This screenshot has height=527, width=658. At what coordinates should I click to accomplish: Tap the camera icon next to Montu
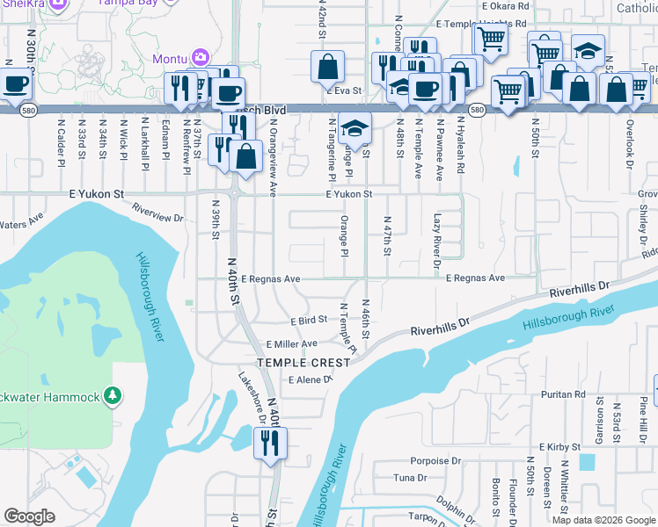[x=201, y=57]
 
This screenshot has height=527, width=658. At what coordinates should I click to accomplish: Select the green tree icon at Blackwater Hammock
[x=112, y=396]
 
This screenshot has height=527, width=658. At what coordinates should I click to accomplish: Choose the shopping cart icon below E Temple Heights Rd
[x=490, y=38]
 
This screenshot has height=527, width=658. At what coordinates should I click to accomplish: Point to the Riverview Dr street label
[x=159, y=212]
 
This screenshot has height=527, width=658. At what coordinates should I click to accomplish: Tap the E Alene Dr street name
[x=311, y=380]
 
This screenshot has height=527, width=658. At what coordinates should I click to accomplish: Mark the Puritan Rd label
[x=564, y=395]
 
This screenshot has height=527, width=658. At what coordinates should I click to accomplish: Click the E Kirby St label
[x=559, y=447]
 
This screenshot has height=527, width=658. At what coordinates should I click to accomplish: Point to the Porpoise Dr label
[x=435, y=460]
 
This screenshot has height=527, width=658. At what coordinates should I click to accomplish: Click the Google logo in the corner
[x=29, y=516]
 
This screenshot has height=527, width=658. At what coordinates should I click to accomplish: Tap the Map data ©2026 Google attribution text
[x=603, y=520]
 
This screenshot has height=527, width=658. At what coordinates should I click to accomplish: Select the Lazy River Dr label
[x=437, y=239]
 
